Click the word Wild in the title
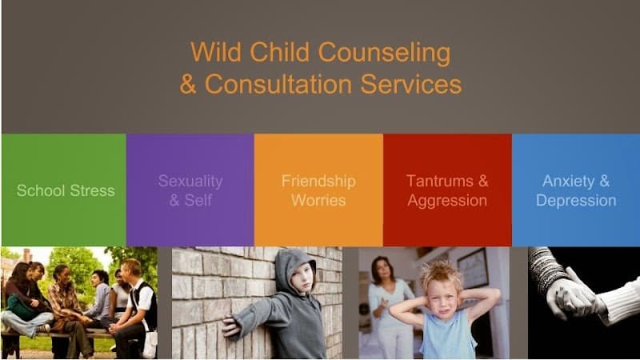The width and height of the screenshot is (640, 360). pos(212,54)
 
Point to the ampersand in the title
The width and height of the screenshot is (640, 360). pos(188,84)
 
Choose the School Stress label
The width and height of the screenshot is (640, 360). pos(65,190)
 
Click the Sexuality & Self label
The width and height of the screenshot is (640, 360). pos(190,190)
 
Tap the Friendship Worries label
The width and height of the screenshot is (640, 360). pos(318,190)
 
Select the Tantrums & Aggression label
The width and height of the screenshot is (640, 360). pos(446,190)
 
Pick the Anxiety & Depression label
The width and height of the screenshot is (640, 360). pos(575,190)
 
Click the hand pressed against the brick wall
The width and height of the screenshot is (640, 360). pos(232,326)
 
